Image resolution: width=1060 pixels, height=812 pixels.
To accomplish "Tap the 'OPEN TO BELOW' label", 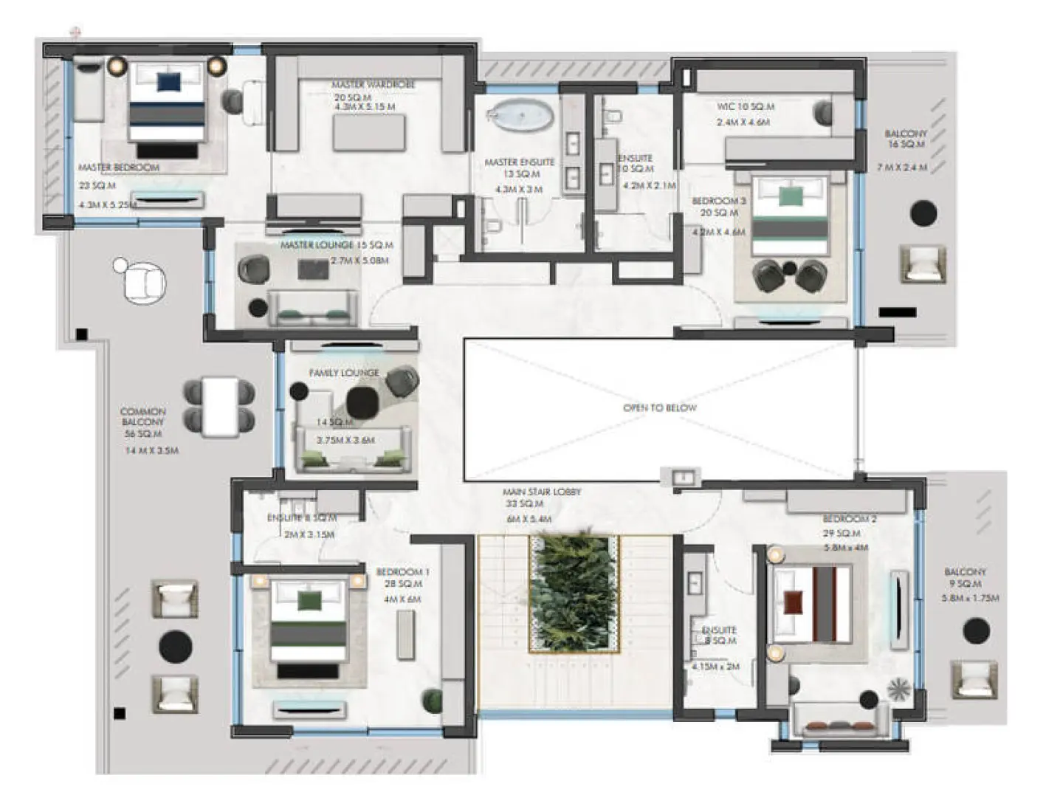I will (x=659, y=407).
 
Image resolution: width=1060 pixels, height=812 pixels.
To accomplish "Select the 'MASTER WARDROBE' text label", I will (x=373, y=85).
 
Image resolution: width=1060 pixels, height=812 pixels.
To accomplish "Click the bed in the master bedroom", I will (x=167, y=103).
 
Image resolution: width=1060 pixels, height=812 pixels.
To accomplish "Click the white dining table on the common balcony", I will (x=220, y=406).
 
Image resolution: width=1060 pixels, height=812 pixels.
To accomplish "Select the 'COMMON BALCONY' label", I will (x=143, y=416).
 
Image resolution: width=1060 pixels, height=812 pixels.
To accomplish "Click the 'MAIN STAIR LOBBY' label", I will (x=542, y=492).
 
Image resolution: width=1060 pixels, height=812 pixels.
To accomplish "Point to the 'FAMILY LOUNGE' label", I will (x=344, y=373).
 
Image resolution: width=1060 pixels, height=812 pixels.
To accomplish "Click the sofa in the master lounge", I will (x=314, y=309).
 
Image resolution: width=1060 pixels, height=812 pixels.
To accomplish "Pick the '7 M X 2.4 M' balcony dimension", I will (x=901, y=168).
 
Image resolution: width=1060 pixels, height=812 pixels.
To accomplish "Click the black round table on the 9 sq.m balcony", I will (x=976, y=630).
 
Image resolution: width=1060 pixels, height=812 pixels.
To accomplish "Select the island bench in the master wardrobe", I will (x=368, y=133).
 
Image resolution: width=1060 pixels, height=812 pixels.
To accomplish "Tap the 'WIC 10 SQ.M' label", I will (x=746, y=106).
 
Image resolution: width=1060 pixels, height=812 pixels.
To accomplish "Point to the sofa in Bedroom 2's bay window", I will (x=841, y=720).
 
